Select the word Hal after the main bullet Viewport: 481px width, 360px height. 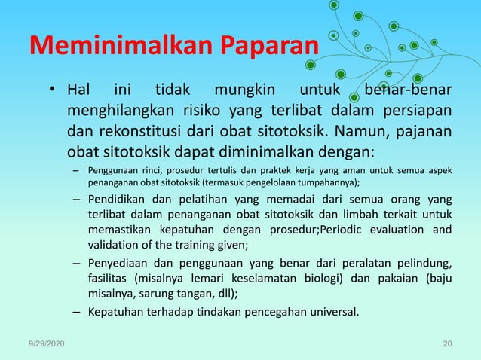[78, 92]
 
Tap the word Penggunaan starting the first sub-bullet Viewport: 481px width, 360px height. [114, 169]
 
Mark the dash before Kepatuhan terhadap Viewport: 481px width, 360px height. [77, 311]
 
